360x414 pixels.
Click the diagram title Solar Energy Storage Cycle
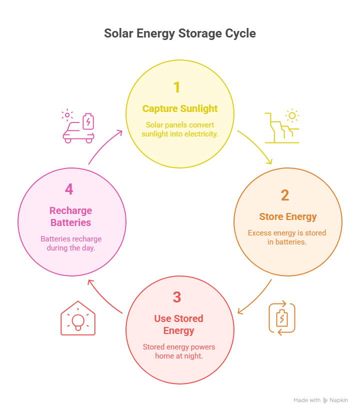pyautogui.click(x=180, y=33)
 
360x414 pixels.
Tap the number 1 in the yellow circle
pyautogui.click(x=176, y=87)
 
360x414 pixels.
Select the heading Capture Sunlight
pyautogui.click(x=180, y=108)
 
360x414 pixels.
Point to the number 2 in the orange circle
pyautogui.click(x=284, y=195)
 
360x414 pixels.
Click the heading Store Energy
pyautogui.click(x=288, y=216)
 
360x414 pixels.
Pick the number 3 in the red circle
pyautogui.click(x=176, y=297)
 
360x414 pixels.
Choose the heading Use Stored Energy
pyautogui.click(x=178, y=324)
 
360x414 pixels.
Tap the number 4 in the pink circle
pyautogui.click(x=69, y=189)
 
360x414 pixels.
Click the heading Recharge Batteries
pyautogui.click(x=71, y=216)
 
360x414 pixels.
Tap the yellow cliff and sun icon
pyautogui.click(x=282, y=126)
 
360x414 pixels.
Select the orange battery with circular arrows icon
pyautogui.click(x=282, y=318)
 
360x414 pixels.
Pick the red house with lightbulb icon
pyautogui.click(x=77, y=318)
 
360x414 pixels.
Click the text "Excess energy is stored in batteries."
pyautogui.click(x=287, y=237)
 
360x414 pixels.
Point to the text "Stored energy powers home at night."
pyautogui.click(x=179, y=351)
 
